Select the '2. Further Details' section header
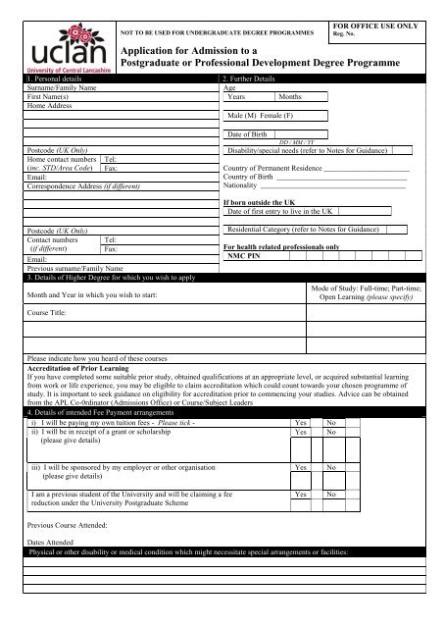[254, 78]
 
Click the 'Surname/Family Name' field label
[61, 87]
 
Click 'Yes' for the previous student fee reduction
[301, 496]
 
